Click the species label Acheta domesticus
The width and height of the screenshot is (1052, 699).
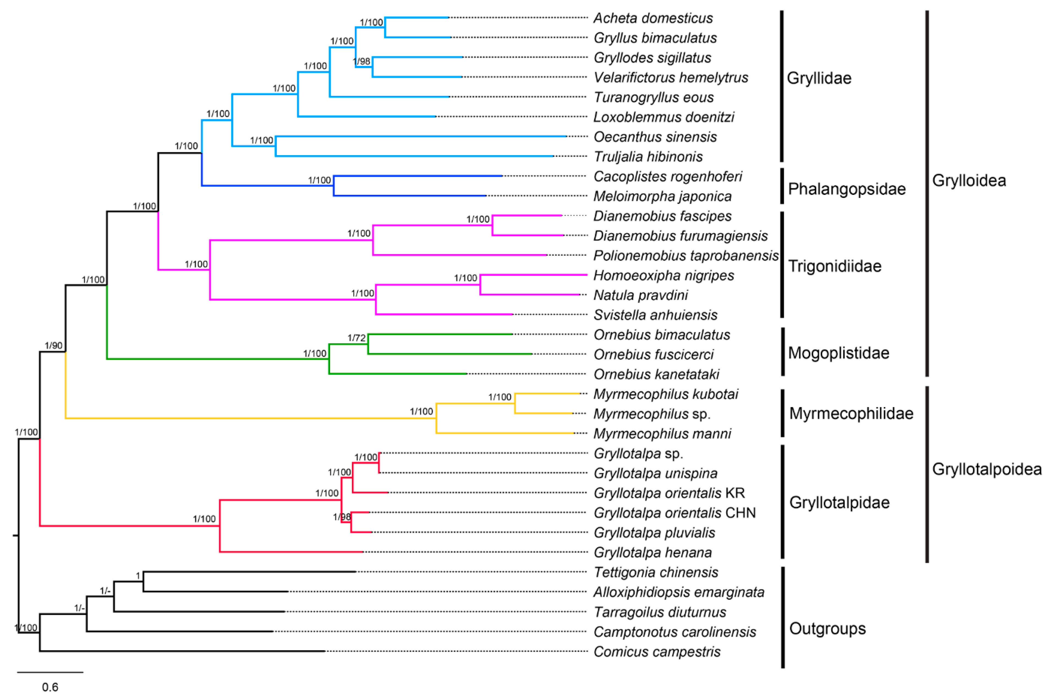(x=653, y=18)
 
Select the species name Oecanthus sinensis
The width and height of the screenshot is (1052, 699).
(x=654, y=137)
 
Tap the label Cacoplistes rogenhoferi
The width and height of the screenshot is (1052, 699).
(x=667, y=176)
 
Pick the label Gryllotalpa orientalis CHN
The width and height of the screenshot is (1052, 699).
(x=674, y=513)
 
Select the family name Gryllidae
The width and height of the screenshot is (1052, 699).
(x=819, y=78)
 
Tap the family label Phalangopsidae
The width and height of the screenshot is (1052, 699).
(x=846, y=189)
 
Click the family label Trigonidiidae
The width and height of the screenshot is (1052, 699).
(x=834, y=266)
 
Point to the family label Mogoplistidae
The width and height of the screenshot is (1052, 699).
(x=838, y=353)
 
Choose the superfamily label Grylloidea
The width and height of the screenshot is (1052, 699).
(x=969, y=181)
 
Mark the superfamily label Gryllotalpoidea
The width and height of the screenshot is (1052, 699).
(x=987, y=469)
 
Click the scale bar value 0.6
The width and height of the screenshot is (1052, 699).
(x=50, y=687)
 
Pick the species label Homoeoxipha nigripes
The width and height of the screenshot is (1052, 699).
(x=663, y=275)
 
